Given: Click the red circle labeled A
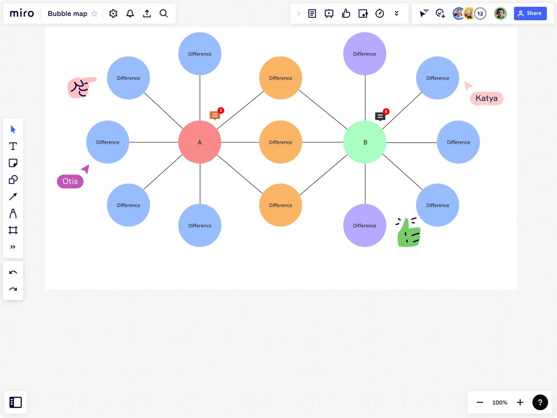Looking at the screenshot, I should pos(200,142).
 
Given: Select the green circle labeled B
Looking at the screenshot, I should pos(365,142).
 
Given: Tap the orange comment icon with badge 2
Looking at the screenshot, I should pos(215,115).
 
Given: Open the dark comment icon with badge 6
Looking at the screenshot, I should pos(380,116).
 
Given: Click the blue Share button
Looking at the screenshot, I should pos(530,13).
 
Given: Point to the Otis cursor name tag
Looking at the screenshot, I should pos(70,181).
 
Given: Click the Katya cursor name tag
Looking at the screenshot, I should pos(486,98).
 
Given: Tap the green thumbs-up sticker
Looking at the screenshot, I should pos(408,233).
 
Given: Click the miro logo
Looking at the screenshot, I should pos(22,13).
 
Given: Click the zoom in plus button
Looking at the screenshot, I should pos(520,402).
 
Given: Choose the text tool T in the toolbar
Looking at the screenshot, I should pos(13,146).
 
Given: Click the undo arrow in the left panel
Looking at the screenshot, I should pos(13,272).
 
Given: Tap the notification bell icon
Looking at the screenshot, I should pos(130,13).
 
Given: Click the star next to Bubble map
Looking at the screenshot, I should pos(94,14).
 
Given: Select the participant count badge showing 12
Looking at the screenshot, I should pos(480,13).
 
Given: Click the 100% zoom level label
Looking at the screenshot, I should pos(499,402).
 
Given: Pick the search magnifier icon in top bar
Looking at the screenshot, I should pos(163,13).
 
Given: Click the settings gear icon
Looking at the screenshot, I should pos(113,13).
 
